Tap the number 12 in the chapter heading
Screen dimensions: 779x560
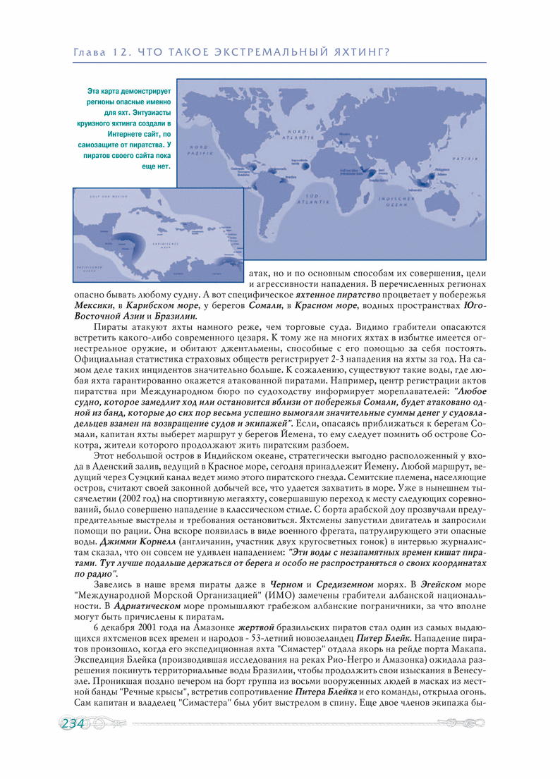119,51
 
